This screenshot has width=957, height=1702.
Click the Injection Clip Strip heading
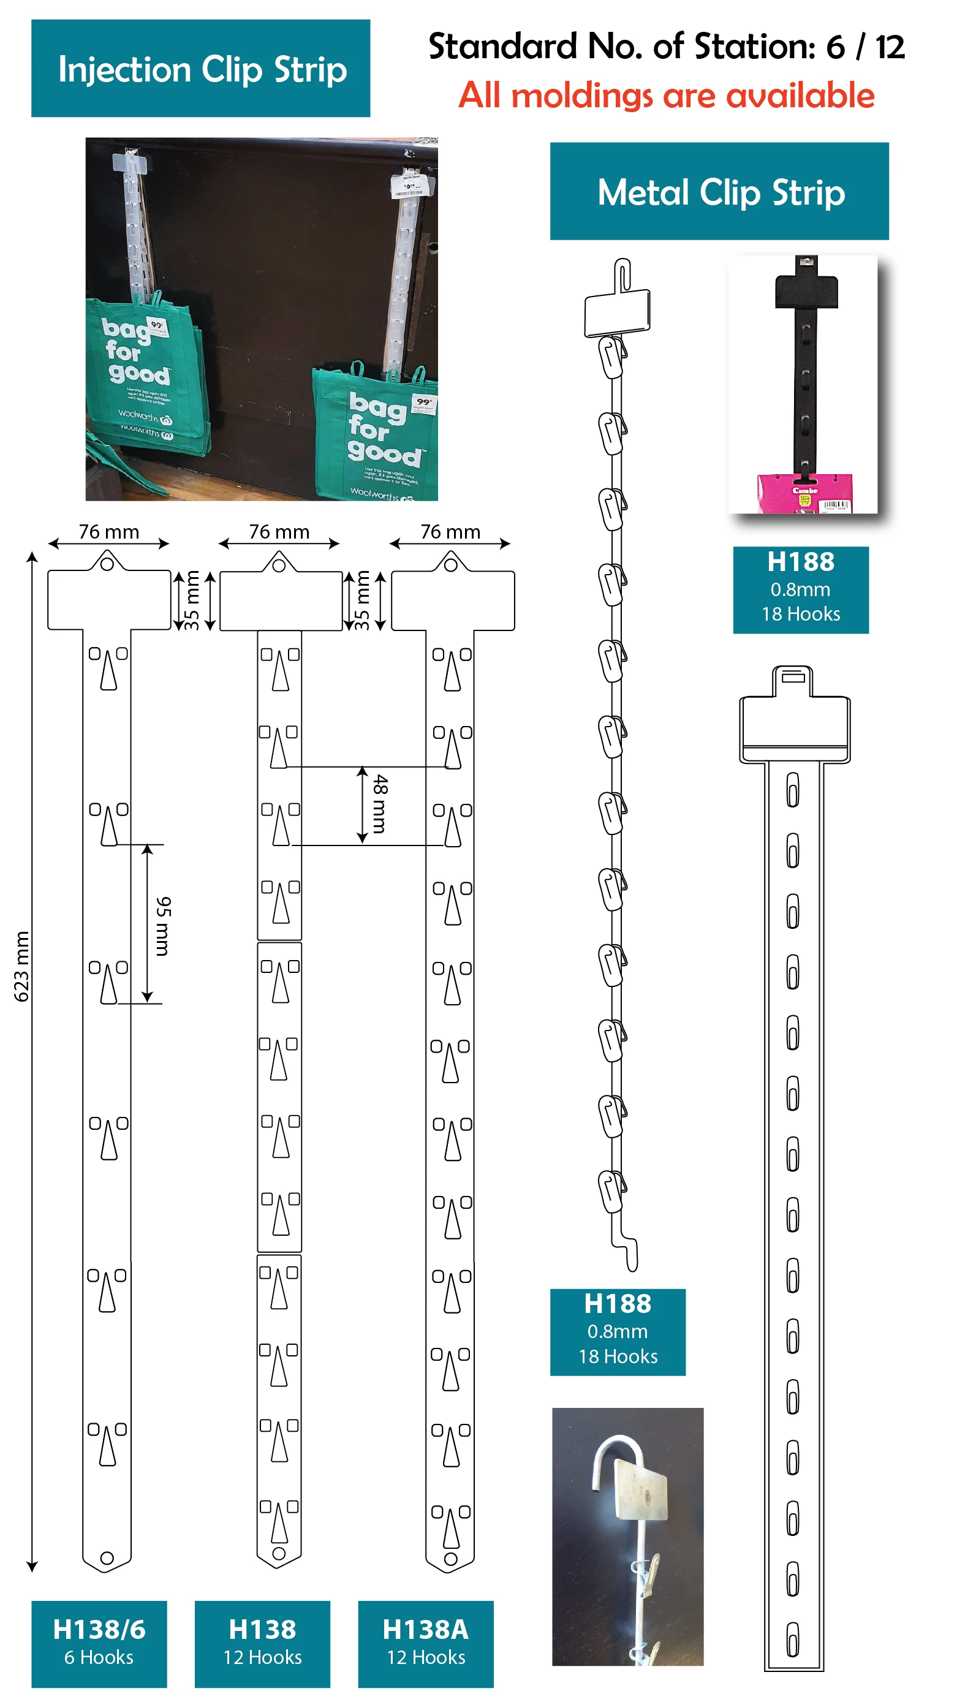coord(201,69)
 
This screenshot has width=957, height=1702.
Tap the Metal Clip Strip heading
coord(720,192)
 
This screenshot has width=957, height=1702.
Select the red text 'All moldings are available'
coord(666,95)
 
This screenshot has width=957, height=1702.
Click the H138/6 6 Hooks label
coord(99,1642)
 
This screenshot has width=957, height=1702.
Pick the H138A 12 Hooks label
coord(426,1642)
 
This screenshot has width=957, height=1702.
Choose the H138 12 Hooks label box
coord(262,1642)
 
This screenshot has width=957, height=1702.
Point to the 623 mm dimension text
coord(22,966)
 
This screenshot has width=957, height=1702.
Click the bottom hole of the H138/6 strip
coord(107,1557)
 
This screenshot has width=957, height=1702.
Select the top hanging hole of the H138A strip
coord(451,564)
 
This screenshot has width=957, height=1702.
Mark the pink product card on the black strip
coord(804,492)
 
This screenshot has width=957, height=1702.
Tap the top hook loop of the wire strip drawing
coord(622,274)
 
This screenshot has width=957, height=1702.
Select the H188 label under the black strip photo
coord(800,589)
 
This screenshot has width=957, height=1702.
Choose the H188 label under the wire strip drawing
coord(618,1331)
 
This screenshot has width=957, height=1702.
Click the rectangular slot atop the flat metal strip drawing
coord(792,676)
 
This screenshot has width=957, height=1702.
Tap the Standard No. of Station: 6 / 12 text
coord(666,46)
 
